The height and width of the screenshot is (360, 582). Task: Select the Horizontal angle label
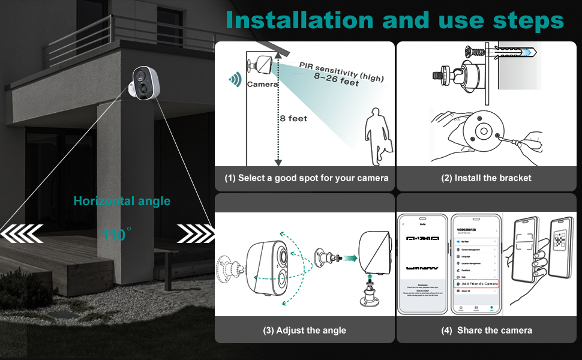pos(122,201)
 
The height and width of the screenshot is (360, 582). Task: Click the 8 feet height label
pos(293,119)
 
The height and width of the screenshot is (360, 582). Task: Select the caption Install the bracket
pos(487,178)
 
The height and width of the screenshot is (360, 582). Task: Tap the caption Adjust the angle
pos(304,330)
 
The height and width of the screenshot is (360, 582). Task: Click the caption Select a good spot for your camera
pos(306,178)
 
